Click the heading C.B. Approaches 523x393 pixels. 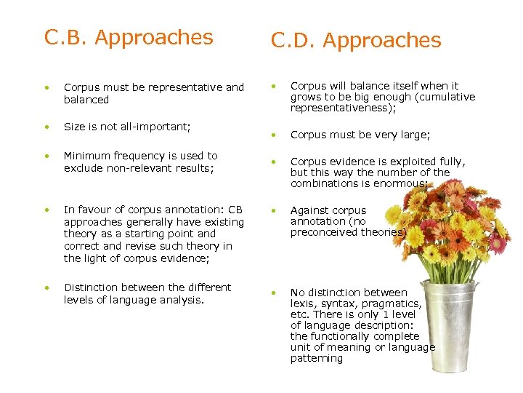click(129, 37)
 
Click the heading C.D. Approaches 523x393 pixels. click(356, 41)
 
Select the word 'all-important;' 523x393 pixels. click(155, 127)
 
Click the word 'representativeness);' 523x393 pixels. click(344, 108)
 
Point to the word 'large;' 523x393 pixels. click(414, 135)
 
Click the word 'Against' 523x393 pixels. click(309, 210)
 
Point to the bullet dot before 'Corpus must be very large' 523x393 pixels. click(274, 135)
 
